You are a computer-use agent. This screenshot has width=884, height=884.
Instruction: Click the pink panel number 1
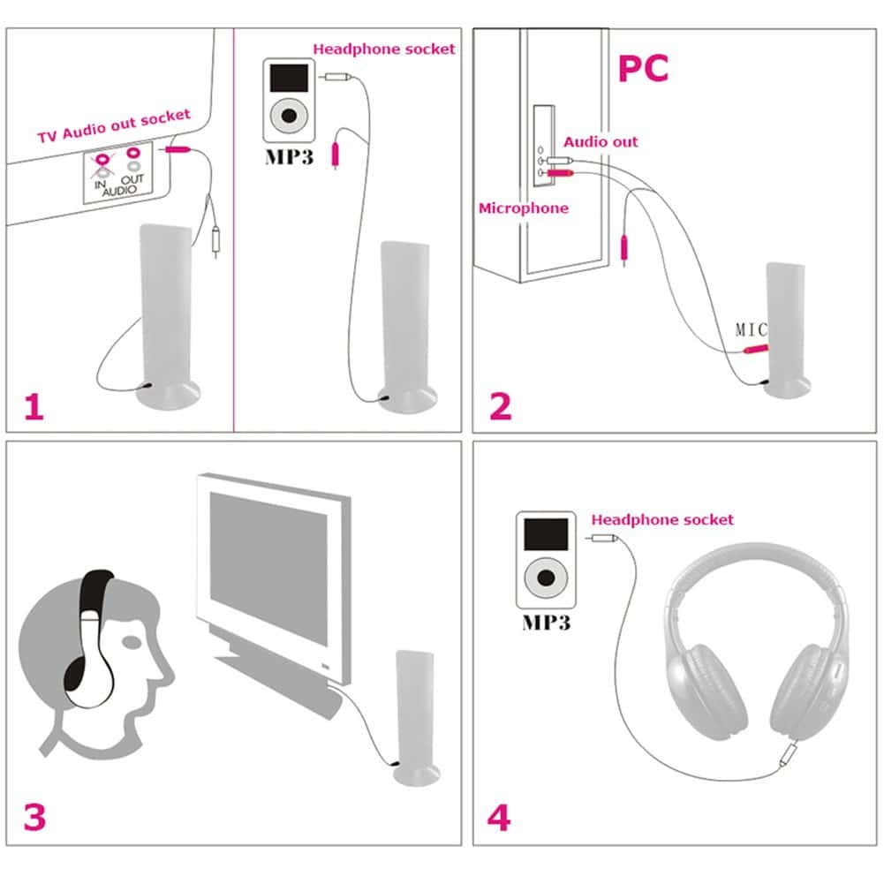pos(33,407)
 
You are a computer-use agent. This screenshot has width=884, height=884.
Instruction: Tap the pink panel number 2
pos(500,407)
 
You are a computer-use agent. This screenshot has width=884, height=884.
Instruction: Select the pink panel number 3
pos(34,818)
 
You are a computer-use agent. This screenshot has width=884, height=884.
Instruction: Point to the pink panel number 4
pos(499,818)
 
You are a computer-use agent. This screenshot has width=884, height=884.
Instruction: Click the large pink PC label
pos(642,69)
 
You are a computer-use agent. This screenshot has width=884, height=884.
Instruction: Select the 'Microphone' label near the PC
pos(523,208)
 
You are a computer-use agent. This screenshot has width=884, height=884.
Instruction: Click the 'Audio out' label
pos(601,141)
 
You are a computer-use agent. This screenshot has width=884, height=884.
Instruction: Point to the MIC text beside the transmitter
pos(751,330)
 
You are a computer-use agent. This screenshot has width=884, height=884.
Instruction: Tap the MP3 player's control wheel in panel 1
pos(289,117)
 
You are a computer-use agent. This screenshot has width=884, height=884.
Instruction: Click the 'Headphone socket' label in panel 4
pos(662,520)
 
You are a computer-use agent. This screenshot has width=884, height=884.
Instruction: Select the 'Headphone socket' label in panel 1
pos(384,49)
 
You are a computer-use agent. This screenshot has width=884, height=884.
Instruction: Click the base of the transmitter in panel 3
pos(415,775)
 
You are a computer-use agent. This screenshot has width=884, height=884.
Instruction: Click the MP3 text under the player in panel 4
pos(545,622)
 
